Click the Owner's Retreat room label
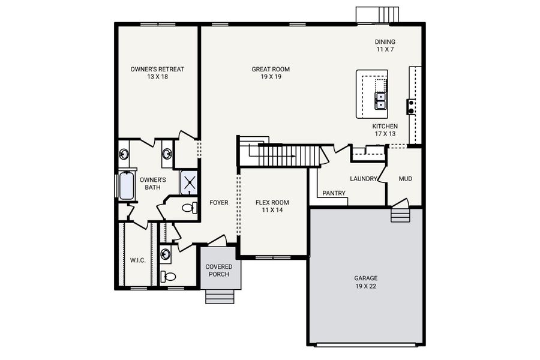click(x=157, y=73)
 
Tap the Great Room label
click(x=266, y=73)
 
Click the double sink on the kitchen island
click(x=380, y=101)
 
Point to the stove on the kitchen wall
click(x=411, y=107)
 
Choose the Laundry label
click(x=364, y=179)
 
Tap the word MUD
click(x=406, y=179)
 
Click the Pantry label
click(x=334, y=193)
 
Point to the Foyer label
click(x=218, y=203)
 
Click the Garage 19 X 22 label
click(x=365, y=282)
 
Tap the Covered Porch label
click(x=219, y=270)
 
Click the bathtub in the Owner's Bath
click(x=127, y=186)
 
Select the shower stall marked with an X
click(x=189, y=183)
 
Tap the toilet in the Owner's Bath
click(x=188, y=208)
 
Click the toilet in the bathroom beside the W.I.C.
click(x=170, y=277)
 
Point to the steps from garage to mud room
click(x=400, y=214)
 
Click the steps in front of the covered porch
click(x=220, y=296)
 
